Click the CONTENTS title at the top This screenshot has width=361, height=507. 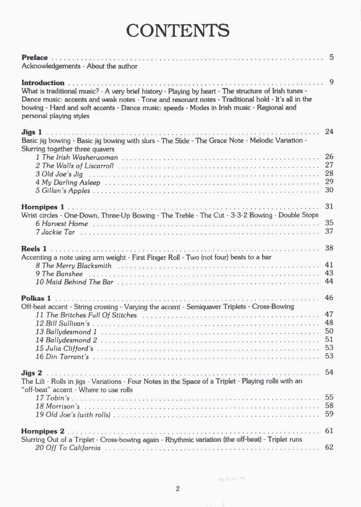(x=178, y=31)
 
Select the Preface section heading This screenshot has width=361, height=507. (x=35, y=58)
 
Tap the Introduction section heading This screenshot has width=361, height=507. (x=43, y=83)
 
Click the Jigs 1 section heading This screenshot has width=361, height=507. (x=31, y=132)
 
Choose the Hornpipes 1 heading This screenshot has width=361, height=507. (x=43, y=207)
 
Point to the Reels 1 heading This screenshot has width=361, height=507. (x=34, y=249)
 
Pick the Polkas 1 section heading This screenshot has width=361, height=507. (x=36, y=298)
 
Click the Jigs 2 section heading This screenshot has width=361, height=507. (x=31, y=373)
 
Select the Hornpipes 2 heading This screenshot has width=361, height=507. (x=43, y=431)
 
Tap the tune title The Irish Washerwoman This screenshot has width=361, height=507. (x=76, y=157)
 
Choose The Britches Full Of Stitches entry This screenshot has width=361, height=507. (x=86, y=315)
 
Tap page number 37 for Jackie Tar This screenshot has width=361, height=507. (x=329, y=232)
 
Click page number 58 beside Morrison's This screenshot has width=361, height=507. (x=329, y=406)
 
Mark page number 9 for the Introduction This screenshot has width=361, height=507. (x=331, y=82)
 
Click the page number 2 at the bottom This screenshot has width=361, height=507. (x=178, y=489)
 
